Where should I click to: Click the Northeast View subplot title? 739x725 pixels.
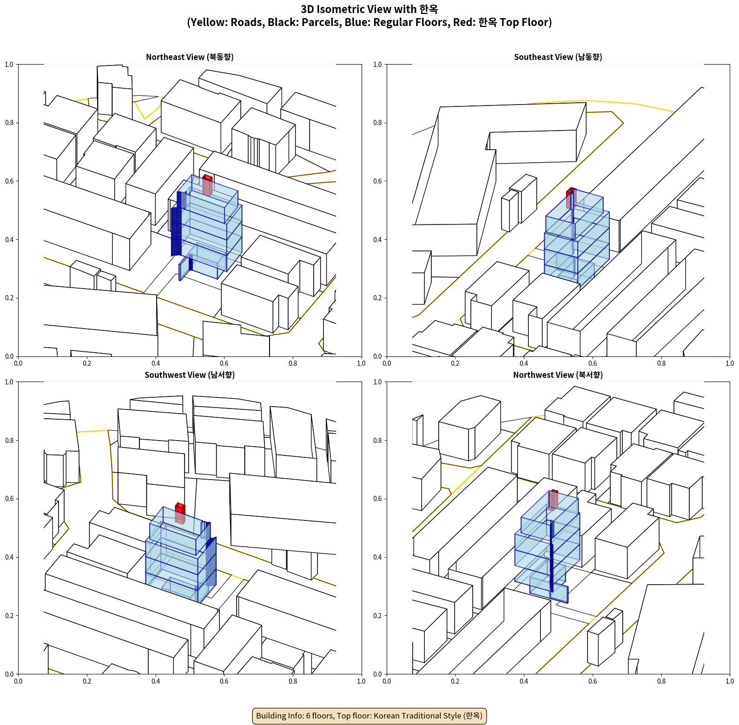point(190,57)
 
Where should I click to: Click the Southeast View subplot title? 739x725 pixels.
point(558,57)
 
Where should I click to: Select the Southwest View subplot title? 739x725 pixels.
point(190,375)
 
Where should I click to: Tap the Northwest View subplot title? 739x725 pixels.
point(558,375)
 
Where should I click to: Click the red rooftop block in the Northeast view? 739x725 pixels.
point(207,185)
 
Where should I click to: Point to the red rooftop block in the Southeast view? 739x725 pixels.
point(571,198)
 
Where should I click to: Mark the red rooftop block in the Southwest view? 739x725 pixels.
point(180,513)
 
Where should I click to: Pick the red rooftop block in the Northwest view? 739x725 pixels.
point(553,500)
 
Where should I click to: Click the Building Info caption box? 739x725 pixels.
point(369,716)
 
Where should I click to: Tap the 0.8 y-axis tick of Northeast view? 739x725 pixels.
point(9,123)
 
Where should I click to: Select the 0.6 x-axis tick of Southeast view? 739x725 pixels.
point(593,363)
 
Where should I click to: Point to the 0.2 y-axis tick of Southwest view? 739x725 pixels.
point(9,615)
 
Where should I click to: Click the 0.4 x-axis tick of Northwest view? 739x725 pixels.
point(524,681)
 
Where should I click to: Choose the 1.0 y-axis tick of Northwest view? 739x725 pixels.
point(377,382)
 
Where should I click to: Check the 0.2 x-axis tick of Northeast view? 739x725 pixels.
point(87,363)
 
